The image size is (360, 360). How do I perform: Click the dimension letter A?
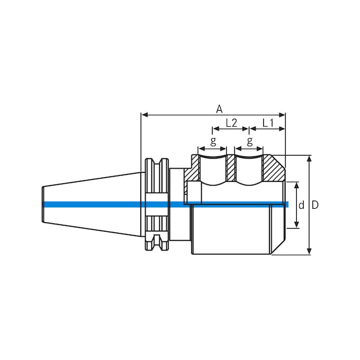tap(219, 109)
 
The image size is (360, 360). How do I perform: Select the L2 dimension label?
tap(230, 123)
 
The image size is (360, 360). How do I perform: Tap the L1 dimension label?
tap(267, 123)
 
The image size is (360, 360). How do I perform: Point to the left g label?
tap(213, 142)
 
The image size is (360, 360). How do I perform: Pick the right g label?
tap(250, 142)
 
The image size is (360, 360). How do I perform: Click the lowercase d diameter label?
tap(301, 205)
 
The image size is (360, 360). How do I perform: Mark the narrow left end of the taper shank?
tap(44, 204)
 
